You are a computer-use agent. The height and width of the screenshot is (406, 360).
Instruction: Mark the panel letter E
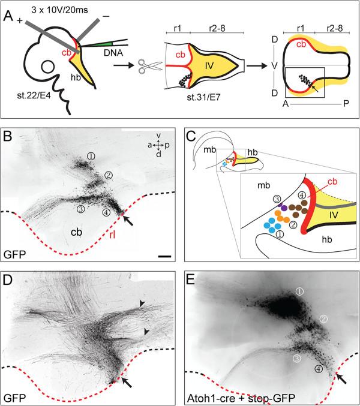point(194,279)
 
